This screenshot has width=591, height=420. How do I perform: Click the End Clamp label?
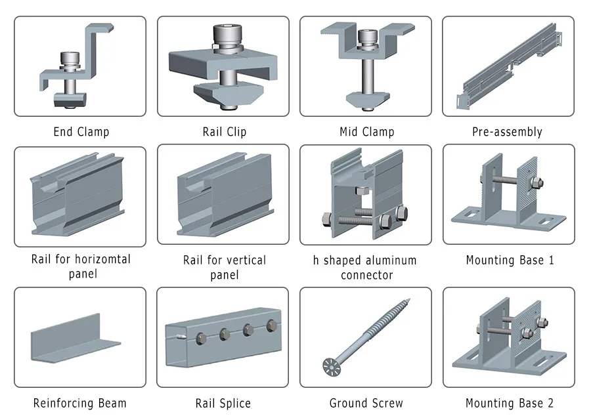coord(81,132)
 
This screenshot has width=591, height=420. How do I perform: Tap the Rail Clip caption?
coord(224,132)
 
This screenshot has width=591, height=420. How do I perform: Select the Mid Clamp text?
coord(366,132)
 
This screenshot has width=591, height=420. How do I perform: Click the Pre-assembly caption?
coord(507,132)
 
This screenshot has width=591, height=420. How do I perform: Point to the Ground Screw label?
coord(366,403)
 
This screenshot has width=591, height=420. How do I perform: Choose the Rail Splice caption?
coord(223,403)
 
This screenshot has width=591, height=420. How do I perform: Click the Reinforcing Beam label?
coord(79,403)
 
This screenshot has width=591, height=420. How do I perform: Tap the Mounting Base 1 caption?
coord(510,261)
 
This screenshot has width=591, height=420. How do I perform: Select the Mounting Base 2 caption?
coord(510,403)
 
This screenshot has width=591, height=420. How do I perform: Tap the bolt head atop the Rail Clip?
coord(224,33)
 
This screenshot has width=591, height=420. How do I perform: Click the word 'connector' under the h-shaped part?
coord(366,276)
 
